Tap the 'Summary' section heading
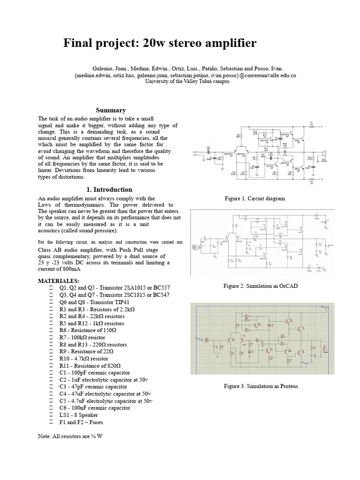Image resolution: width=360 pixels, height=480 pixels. (x=111, y=110)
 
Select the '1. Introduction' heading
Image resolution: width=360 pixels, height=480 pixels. (x=110, y=190)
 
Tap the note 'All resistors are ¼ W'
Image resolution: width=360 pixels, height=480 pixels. (x=70, y=436)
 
